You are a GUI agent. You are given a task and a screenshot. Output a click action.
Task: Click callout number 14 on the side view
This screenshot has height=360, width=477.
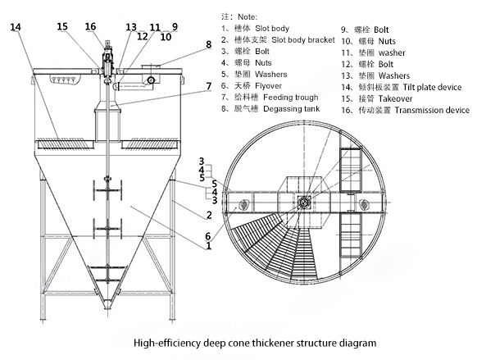click(16, 27)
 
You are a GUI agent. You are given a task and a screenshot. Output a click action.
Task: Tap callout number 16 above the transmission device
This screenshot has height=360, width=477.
click(90, 26)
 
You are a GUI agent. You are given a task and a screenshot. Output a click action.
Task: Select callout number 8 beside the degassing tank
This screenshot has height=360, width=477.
click(208, 44)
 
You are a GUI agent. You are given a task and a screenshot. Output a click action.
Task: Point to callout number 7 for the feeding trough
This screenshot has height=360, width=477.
click(209, 86)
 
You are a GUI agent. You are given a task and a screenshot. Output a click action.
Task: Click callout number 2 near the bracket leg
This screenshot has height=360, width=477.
click(209, 215)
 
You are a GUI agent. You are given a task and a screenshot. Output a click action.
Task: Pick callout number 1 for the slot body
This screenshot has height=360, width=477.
click(209, 245)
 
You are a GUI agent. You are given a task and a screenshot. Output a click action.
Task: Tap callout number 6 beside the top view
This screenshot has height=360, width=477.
click(208, 236)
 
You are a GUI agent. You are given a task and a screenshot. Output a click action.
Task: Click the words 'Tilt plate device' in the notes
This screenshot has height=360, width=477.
click(432, 88)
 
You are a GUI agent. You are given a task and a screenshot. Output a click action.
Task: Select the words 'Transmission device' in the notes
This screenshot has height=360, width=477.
click(432, 110)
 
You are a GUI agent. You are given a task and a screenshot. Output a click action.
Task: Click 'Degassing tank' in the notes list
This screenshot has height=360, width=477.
click(292, 109)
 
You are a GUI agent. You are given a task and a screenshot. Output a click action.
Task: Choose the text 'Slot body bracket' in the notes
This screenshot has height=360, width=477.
click(303, 40)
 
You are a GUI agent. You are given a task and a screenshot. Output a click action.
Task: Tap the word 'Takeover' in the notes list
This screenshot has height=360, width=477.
click(396, 99)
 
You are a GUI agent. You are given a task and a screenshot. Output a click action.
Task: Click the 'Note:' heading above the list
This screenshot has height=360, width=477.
click(248, 16)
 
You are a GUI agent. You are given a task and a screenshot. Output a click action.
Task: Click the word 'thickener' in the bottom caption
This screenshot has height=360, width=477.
click(273, 344)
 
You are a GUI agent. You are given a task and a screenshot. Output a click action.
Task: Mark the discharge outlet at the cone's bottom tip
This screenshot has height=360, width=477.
click(107, 304)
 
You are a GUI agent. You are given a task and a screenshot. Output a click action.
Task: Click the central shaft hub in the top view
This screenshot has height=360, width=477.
click(303, 202)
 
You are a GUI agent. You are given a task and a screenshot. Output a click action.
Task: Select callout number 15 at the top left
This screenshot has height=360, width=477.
click(62, 26)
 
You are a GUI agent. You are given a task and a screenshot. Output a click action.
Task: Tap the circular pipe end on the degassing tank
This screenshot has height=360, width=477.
click(151, 80)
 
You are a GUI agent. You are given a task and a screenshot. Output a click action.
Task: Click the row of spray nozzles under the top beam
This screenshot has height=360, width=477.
click(65, 80)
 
